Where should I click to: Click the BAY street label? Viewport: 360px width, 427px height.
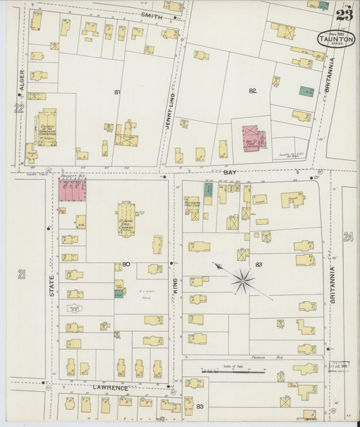(230, 173)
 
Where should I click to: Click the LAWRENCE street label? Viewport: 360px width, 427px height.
(109, 388)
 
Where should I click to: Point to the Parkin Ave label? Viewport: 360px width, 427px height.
(269, 357)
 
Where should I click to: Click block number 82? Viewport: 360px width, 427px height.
(253, 90)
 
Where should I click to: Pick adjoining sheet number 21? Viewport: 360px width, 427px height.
(22, 274)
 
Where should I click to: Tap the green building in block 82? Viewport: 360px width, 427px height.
(306, 91)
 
